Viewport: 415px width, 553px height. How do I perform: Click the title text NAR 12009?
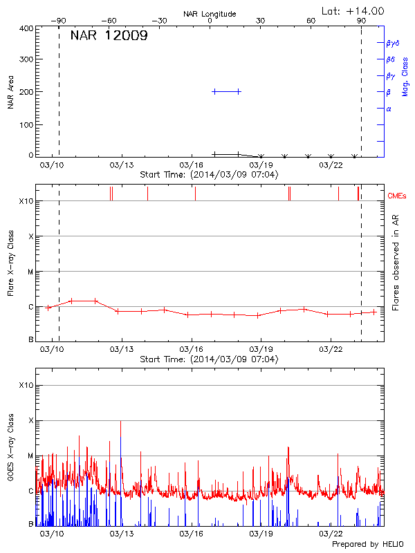click(109, 36)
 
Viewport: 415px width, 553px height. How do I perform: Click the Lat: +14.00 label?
click(353, 10)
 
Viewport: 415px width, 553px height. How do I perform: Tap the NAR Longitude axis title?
click(210, 13)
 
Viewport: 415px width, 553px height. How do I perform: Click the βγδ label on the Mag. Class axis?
click(392, 43)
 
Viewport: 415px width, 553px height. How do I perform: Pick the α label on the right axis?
click(389, 109)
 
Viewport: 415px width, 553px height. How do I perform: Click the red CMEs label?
click(398, 196)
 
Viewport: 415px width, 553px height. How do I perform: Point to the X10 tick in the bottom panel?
click(26, 385)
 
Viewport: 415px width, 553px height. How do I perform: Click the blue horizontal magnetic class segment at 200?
click(226, 91)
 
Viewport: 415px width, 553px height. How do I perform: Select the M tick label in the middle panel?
click(30, 272)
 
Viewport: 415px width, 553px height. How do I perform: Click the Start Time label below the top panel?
click(209, 174)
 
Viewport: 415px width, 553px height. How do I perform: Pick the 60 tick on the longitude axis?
click(311, 21)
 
